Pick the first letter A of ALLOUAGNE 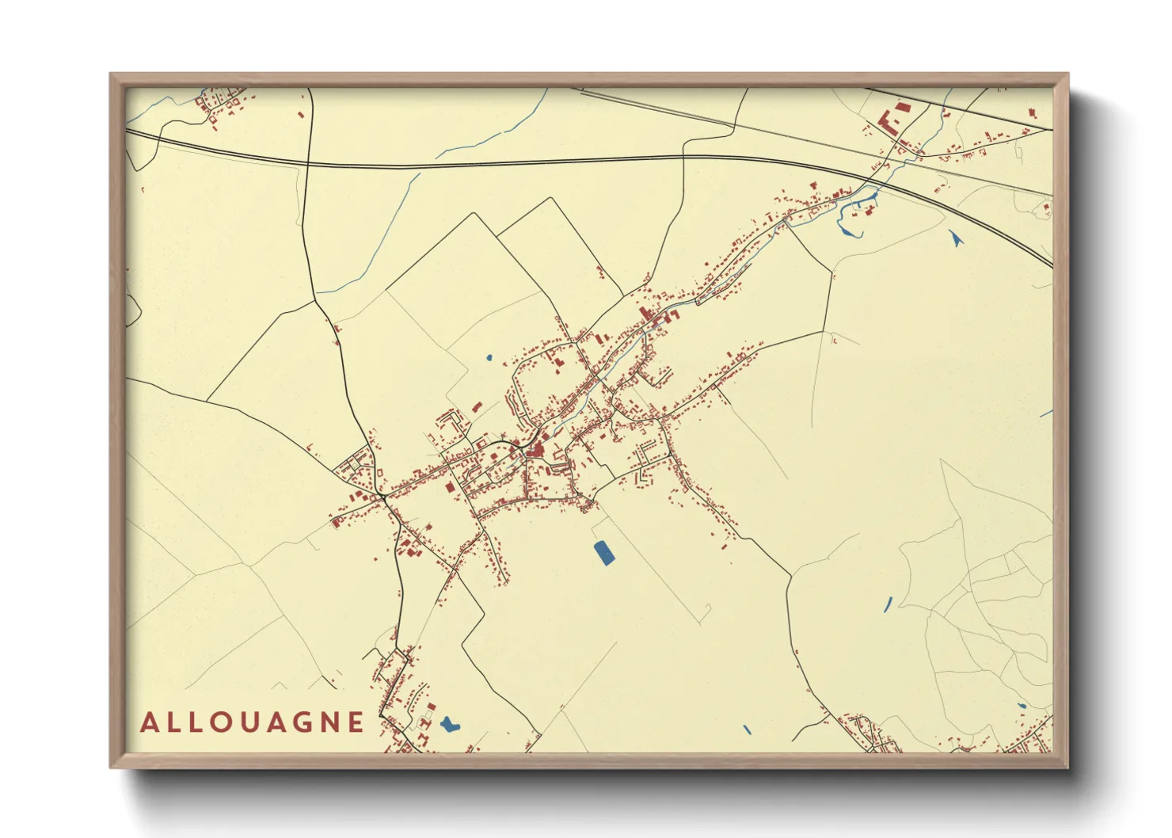pyautogui.click(x=149, y=722)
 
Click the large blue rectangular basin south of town pyautogui.click(x=603, y=552)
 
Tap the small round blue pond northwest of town pyautogui.click(x=489, y=358)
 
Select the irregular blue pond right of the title pyautogui.click(x=449, y=723)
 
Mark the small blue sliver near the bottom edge pyautogui.click(x=747, y=729)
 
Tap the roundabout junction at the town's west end pyautogui.click(x=383, y=497)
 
